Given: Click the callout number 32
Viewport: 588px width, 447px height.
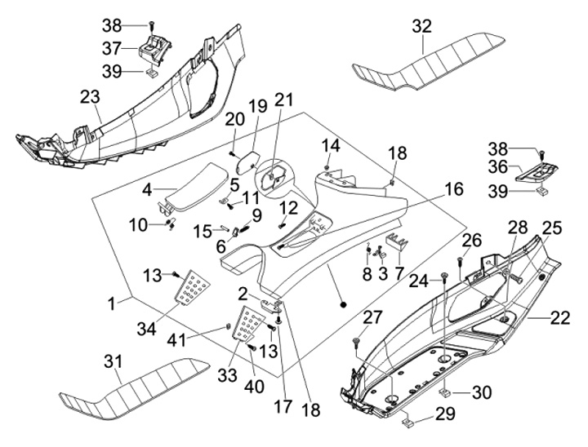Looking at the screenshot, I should click(421, 26).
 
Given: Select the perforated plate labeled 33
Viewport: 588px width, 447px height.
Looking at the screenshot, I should click(253, 325).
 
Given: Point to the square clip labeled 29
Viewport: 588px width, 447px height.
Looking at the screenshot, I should click(412, 423).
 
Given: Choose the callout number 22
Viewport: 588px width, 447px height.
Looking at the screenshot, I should click(559, 318).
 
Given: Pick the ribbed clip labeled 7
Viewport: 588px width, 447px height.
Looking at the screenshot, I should click(397, 241).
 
